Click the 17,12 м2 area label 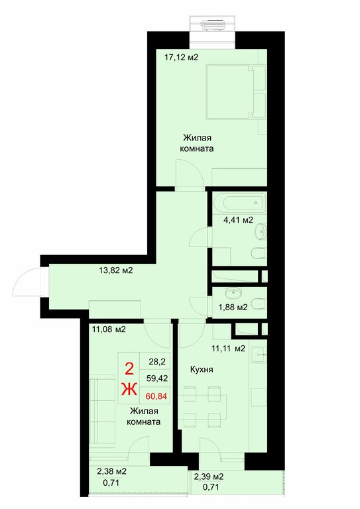(181, 58)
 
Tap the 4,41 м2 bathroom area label (238, 220)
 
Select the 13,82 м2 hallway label (116, 270)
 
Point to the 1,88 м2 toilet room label (233, 307)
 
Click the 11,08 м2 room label (109, 329)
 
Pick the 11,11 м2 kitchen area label (228, 349)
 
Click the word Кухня (202, 369)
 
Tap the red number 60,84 (156, 396)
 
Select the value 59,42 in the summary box (156, 378)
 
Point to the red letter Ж (129, 390)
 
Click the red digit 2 (129, 369)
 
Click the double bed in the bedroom (235, 91)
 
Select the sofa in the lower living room (102, 410)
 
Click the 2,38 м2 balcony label (111, 471)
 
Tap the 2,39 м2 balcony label (209, 477)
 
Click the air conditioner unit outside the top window (212, 25)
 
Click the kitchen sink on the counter (259, 355)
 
